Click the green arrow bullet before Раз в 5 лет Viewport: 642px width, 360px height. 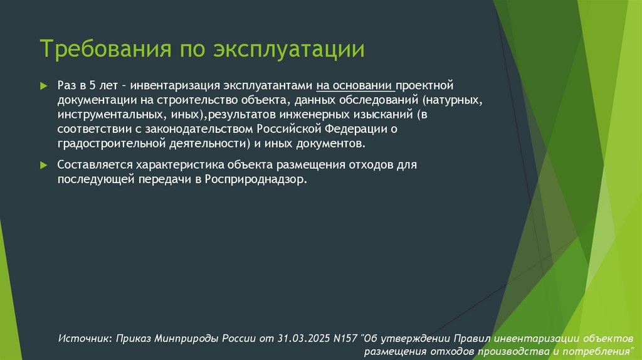(43, 85)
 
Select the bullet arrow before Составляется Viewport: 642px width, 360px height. (43, 164)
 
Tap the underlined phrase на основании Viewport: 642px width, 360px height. (354, 85)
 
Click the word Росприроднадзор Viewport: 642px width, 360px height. (255, 179)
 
